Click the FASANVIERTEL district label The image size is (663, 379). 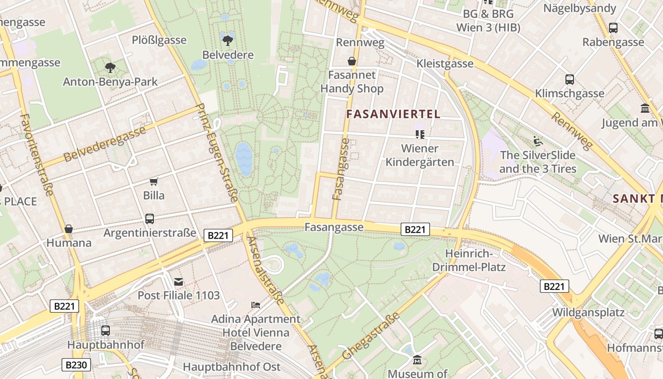coord(393,114)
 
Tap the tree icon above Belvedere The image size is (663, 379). coord(228,39)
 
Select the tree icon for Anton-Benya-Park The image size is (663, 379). coord(110,67)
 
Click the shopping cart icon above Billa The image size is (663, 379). coord(153,181)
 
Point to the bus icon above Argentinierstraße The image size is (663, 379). coord(150,218)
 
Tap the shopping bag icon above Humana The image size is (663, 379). coord(69,229)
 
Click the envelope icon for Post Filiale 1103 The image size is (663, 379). coord(179,282)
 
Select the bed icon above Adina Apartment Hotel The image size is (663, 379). coord(256,305)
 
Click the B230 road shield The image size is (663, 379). coord(76,365)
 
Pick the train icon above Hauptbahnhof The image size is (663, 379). coord(105,330)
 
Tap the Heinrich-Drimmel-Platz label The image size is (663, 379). coord(469,260)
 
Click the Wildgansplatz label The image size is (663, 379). coord(588,313)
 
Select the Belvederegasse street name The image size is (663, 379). coord(105,144)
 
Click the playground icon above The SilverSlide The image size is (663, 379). coord(538,141)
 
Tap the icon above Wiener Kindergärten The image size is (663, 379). coord(420,134)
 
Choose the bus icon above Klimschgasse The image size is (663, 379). coord(570,79)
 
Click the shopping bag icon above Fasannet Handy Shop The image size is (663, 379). coord(352,61)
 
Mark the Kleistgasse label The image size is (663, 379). coord(445,63)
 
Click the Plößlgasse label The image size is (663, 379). coord(159,40)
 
